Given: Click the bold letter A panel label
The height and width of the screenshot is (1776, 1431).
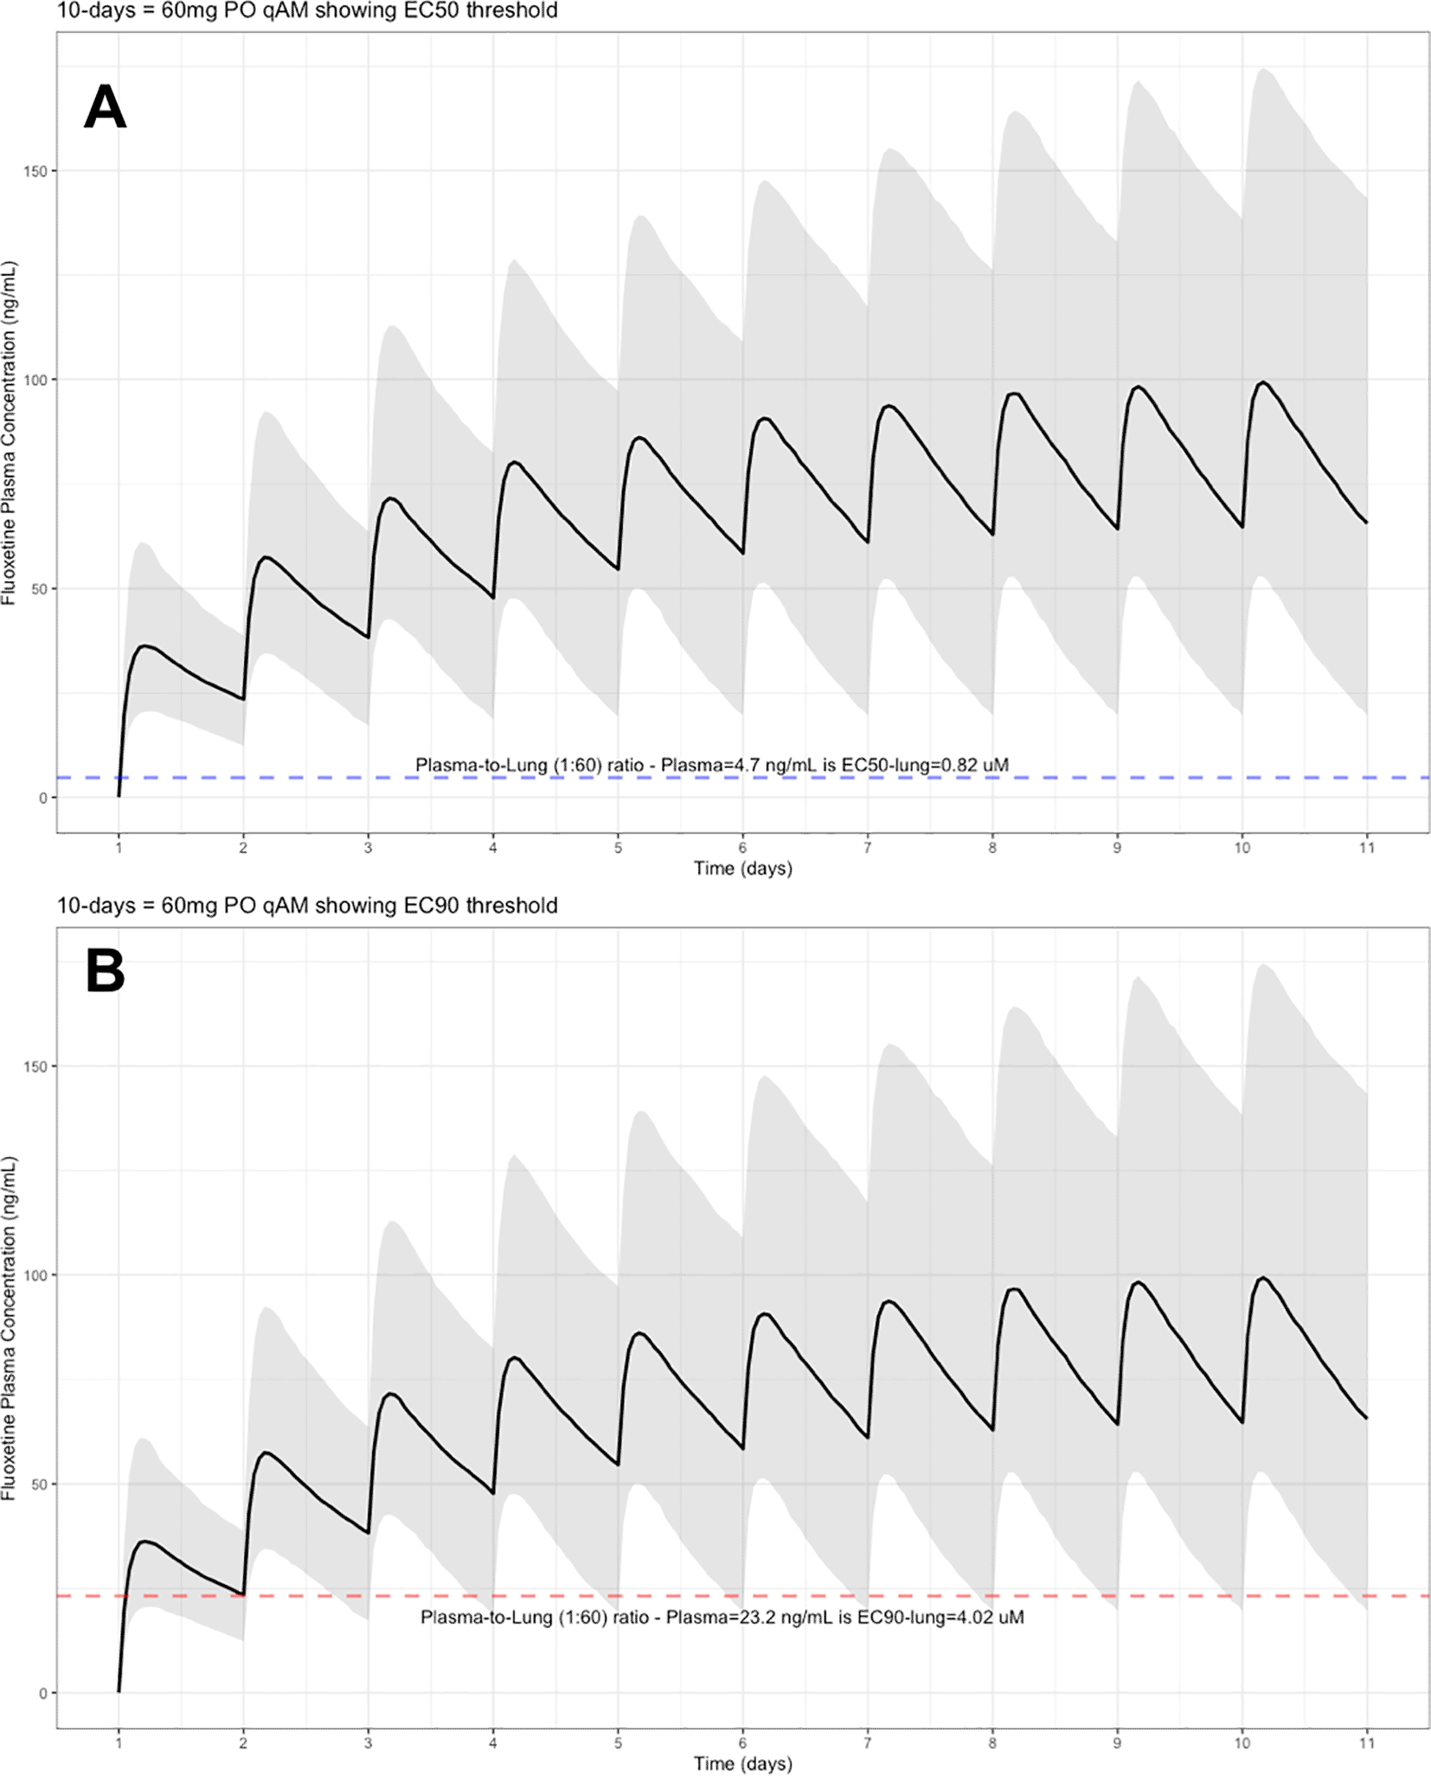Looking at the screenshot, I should tap(105, 107).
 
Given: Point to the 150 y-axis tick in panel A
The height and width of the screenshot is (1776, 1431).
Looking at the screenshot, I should tap(35, 171).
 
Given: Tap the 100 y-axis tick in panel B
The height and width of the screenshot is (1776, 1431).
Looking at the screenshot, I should tap(35, 1275).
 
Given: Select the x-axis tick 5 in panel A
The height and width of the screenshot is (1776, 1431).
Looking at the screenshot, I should tap(618, 848).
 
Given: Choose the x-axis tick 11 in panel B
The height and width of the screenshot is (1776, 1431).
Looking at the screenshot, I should tap(1366, 1743).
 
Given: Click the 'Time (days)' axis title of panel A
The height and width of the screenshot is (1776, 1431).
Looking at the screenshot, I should tap(742, 869).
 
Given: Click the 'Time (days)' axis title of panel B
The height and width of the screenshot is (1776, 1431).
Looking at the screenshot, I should tap(742, 1763).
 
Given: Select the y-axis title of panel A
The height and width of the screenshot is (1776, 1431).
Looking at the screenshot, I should tap(10, 433).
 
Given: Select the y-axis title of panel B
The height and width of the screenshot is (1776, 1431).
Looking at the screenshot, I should tap(10, 1328).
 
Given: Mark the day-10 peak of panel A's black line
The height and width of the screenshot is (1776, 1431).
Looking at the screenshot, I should tap(1263, 382).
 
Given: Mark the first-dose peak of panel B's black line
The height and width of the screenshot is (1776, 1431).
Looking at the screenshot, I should tap(144, 1541).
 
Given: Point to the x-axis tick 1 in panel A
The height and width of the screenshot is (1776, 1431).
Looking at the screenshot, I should tap(119, 848).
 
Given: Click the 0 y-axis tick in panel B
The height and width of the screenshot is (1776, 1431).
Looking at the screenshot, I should tap(42, 1693).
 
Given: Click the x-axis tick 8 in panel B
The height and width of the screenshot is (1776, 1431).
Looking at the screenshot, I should tap(992, 1743).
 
